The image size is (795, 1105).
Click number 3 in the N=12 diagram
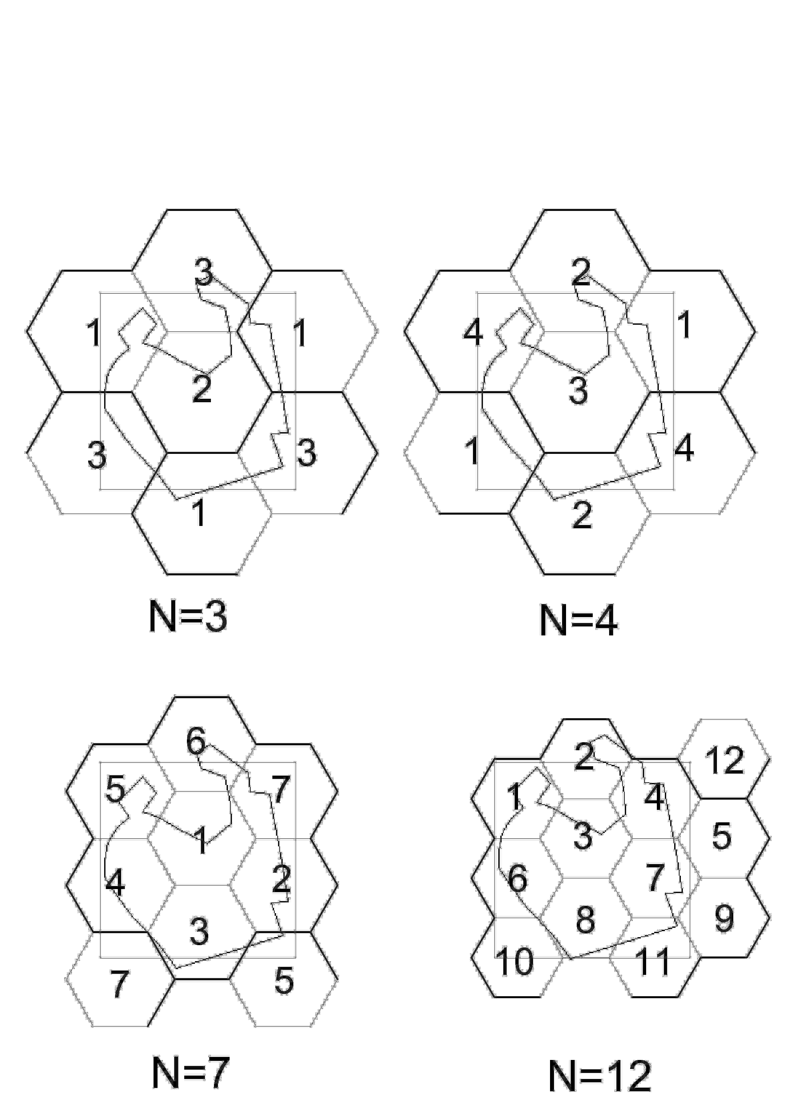[583, 835]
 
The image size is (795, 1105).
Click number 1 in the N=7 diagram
[200, 840]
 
